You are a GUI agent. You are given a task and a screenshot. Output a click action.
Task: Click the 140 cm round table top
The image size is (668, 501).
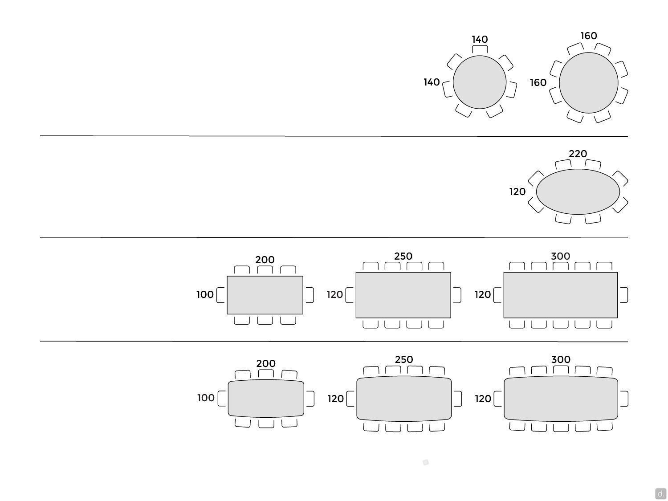point(480,82)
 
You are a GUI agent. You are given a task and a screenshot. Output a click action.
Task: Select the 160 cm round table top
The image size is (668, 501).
point(589,83)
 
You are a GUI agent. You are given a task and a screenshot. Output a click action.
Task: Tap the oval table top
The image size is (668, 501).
point(578,191)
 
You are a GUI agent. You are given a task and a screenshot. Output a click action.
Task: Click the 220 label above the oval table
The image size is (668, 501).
point(578,154)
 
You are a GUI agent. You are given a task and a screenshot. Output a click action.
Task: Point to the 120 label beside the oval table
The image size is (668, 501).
point(517,191)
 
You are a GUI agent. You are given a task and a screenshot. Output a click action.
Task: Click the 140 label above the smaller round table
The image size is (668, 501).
point(480,39)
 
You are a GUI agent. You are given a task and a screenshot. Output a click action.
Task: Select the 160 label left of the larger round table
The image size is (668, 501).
point(538,82)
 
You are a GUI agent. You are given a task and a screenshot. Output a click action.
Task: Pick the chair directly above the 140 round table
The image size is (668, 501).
point(480,49)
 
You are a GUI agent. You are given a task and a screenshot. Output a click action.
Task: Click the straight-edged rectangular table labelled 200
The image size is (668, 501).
point(265,295)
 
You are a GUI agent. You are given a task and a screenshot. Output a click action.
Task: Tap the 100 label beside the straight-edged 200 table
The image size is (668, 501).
point(205,294)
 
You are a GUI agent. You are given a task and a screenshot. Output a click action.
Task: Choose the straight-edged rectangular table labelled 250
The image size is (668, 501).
point(403,295)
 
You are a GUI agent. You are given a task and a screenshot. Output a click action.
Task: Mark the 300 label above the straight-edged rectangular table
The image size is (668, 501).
point(560,256)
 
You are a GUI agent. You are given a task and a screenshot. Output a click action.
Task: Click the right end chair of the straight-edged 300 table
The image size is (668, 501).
point(623,295)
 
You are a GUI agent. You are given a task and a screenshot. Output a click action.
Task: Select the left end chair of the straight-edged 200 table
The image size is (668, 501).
point(221,295)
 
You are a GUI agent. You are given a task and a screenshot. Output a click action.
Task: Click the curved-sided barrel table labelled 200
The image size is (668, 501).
point(266,398)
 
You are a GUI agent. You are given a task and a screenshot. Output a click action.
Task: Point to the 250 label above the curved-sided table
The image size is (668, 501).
point(404,359)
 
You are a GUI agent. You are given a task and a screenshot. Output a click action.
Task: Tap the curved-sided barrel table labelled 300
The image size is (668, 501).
point(561,399)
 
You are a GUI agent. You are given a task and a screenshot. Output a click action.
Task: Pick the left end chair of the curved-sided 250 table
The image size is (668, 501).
point(350,399)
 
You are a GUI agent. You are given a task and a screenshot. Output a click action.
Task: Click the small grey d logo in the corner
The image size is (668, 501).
point(660,493)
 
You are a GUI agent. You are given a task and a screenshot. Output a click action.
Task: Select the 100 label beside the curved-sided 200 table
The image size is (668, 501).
point(206,398)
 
